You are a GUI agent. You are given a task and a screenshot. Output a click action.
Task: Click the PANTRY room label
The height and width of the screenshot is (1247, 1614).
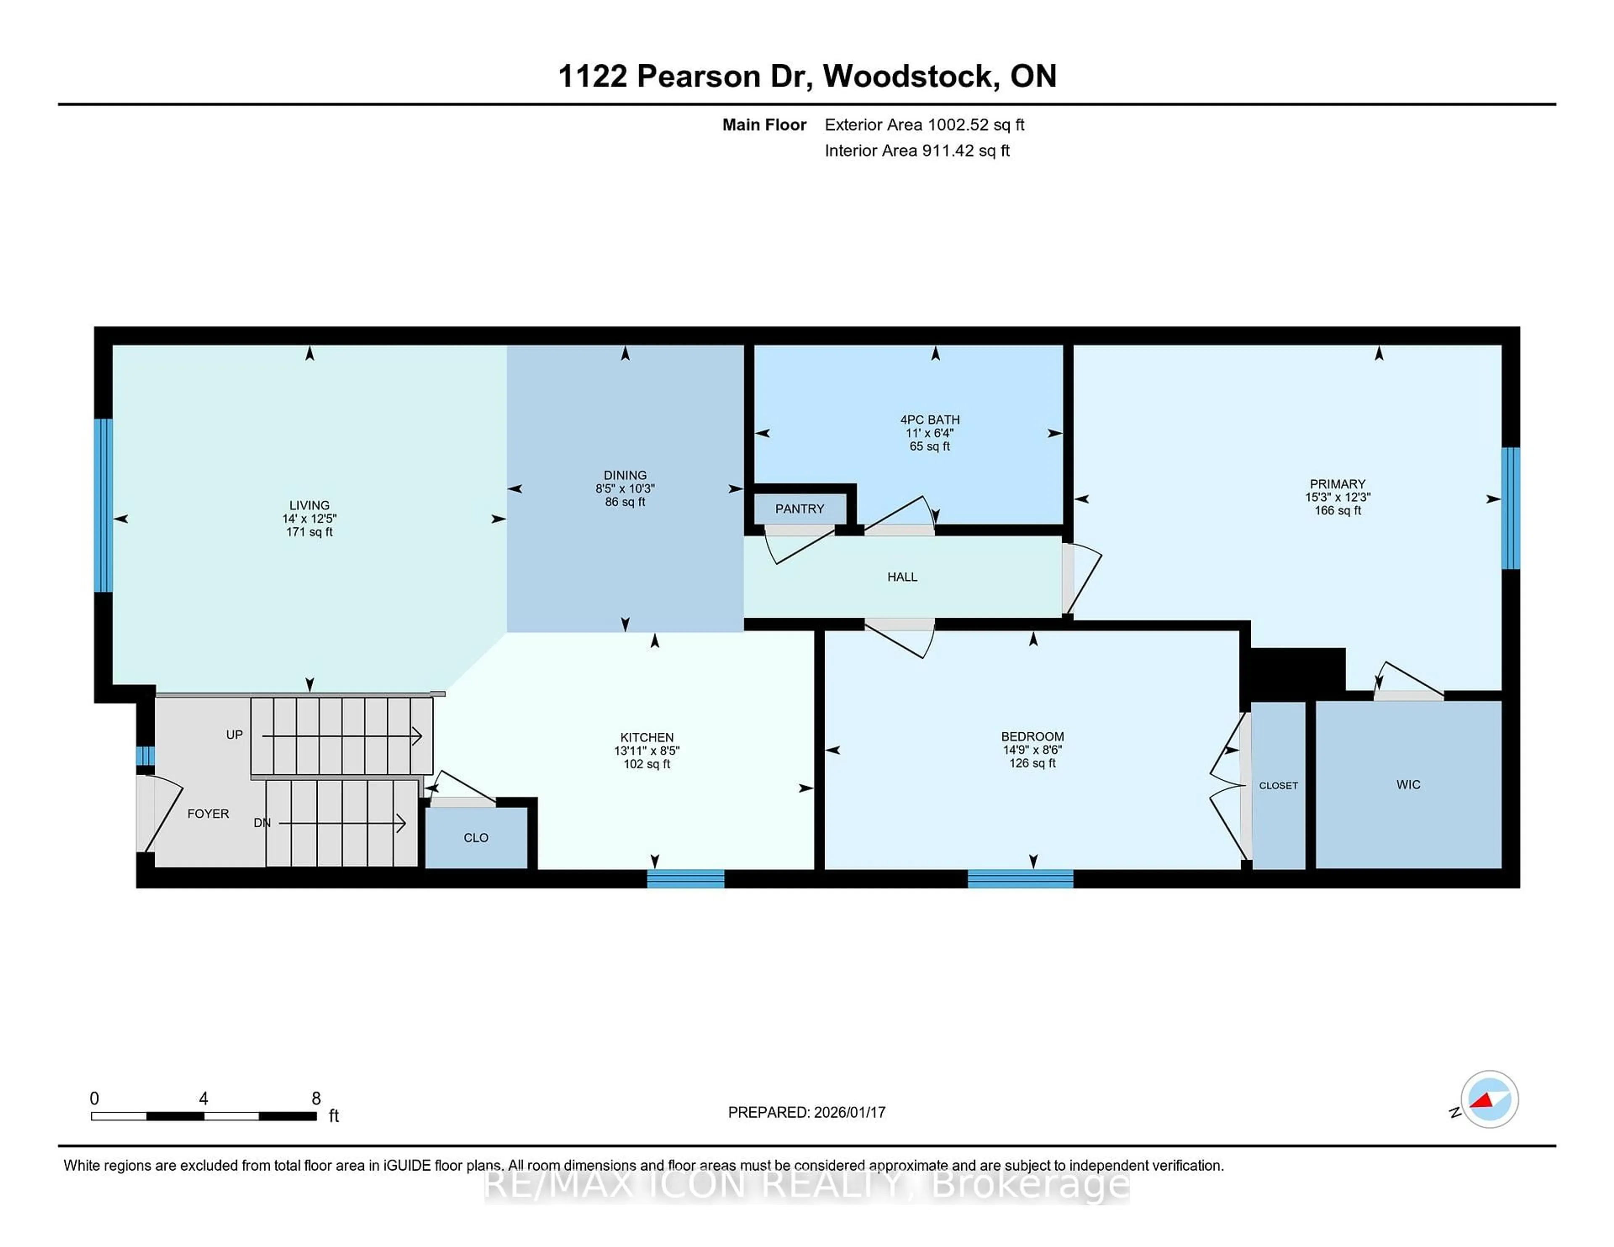click(x=799, y=509)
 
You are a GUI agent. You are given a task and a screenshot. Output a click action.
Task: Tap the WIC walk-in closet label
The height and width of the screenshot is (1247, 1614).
click(x=1408, y=784)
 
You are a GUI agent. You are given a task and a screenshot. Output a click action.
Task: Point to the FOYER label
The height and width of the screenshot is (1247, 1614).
click(x=208, y=813)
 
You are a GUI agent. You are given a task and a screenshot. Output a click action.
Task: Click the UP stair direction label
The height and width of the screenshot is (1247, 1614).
click(x=234, y=734)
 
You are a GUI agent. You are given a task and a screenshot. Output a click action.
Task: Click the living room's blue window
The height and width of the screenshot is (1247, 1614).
click(x=103, y=505)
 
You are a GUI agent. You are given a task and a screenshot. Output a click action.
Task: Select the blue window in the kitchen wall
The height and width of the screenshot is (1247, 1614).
click(x=686, y=879)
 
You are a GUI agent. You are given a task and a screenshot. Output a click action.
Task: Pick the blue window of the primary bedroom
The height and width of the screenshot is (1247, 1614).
click(x=1511, y=508)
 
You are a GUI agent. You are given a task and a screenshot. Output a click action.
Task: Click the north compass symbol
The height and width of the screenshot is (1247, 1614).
click(x=1489, y=1099)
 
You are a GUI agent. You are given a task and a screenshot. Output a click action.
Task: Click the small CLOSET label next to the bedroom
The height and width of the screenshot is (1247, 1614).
click(x=1278, y=785)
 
